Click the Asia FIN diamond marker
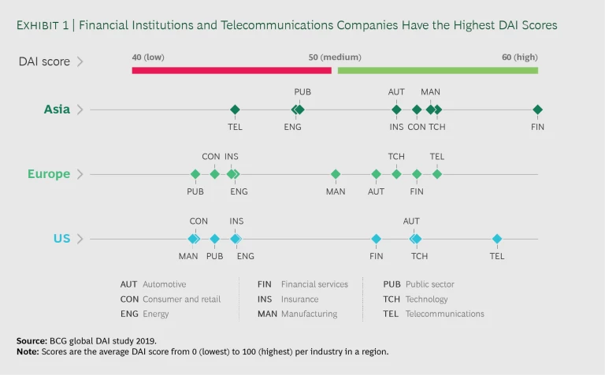pyautogui.click(x=537, y=110)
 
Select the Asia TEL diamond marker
pyautogui.click(x=235, y=110)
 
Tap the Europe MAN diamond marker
pyautogui.click(x=336, y=174)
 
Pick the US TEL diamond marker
pyautogui.click(x=497, y=239)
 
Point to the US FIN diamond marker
pyautogui.click(x=377, y=239)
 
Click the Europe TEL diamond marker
pyautogui.click(x=437, y=174)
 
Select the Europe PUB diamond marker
pyautogui.click(x=195, y=174)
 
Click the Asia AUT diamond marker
pyautogui.click(x=396, y=110)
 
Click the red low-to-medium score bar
pyautogui.click(x=232, y=70)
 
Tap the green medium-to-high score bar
pyautogui.click(x=437, y=70)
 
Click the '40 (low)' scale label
pyautogui.click(x=148, y=57)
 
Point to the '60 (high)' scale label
pyautogui.click(x=520, y=57)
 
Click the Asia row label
pyautogui.click(x=57, y=110)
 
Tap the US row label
pyautogui.click(x=61, y=239)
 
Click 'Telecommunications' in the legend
pyautogui.click(x=444, y=314)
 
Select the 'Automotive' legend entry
pyautogui.click(x=164, y=284)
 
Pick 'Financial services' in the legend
pyautogui.click(x=314, y=284)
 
